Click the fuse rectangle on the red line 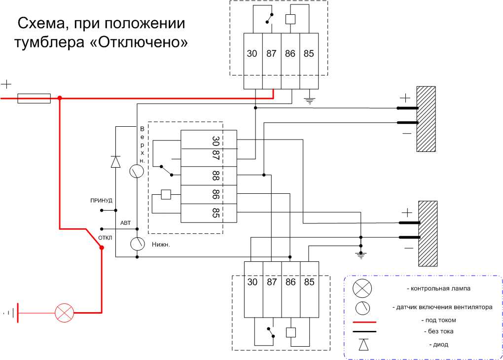click(34, 98)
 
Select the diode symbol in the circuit click(115, 161)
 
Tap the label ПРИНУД click(101, 201)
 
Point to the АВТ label click(125, 223)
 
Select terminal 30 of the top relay click(252, 54)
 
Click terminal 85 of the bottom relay click(309, 282)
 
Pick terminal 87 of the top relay click(271, 54)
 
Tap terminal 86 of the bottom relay click(290, 282)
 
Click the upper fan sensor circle click(137, 171)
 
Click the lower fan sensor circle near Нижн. click(137, 243)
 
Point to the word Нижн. click(161, 245)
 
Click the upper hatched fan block click(426, 119)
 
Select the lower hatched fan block click(428, 233)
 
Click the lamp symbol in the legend click(363, 288)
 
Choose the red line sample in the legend click(364, 321)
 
